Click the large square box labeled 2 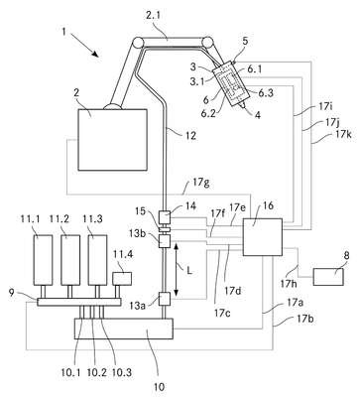click(112, 140)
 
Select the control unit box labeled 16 click(263, 237)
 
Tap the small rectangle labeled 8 click(328, 277)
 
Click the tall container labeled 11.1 click(43, 260)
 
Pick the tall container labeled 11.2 click(70, 260)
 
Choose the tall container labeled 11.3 click(97, 260)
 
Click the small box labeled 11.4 click(122, 278)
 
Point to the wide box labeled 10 click(124, 329)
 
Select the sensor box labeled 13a click(165, 299)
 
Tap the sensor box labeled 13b click(165, 241)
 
